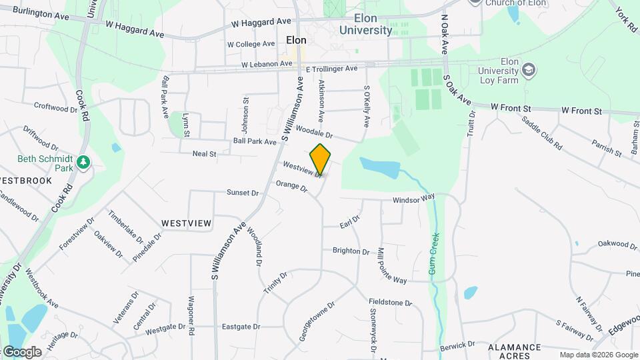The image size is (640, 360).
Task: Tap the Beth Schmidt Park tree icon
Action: [x=83, y=162]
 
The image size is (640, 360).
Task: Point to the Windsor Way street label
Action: [x=413, y=199]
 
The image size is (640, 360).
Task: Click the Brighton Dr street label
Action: [x=351, y=251]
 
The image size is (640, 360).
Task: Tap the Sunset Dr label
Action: [x=242, y=193]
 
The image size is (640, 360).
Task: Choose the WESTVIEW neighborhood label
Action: [x=186, y=222]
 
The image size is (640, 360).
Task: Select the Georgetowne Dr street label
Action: [x=317, y=319]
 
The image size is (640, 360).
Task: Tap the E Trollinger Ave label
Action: [x=331, y=69]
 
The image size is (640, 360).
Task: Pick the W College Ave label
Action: [x=251, y=44]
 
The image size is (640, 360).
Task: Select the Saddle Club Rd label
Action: [x=543, y=133]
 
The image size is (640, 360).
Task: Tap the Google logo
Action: [x=21, y=351]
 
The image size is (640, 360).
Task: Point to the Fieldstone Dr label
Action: [x=391, y=303]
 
